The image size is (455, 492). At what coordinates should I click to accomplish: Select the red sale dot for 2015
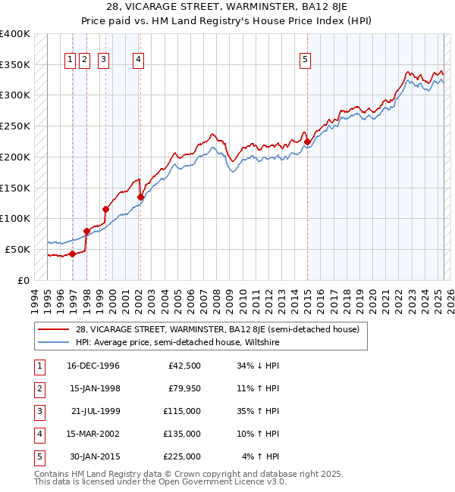point(307,142)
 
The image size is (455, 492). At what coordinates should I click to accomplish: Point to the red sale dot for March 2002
point(140,197)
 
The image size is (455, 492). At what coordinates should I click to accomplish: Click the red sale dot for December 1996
point(73,254)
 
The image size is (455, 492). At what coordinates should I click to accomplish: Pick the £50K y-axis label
point(18,249)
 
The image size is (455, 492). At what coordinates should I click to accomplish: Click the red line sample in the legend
point(53,329)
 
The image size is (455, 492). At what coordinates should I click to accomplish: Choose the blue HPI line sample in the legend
point(53,342)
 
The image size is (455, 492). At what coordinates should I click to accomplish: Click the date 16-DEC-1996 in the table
point(93,366)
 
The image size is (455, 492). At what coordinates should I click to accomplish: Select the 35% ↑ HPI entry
point(257,411)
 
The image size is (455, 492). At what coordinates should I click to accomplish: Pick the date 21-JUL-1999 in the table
point(93,411)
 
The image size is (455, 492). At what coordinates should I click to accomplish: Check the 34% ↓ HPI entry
point(257,366)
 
